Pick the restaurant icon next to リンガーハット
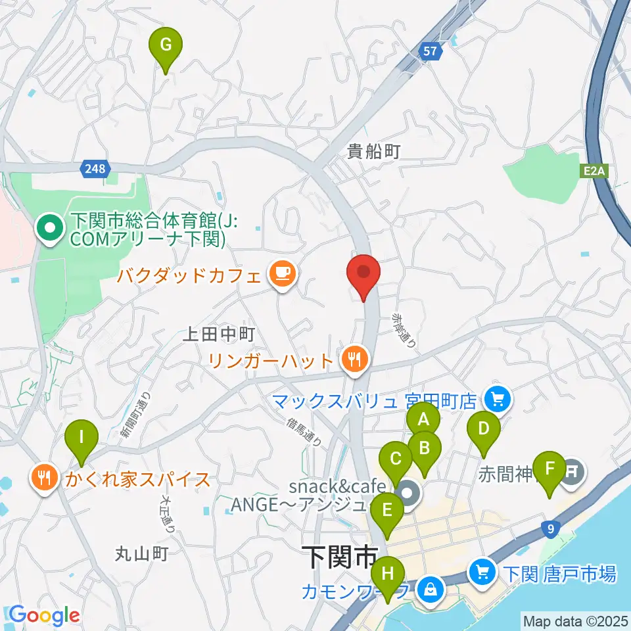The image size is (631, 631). tap(355, 359)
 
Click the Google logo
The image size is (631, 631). tap(44, 616)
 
